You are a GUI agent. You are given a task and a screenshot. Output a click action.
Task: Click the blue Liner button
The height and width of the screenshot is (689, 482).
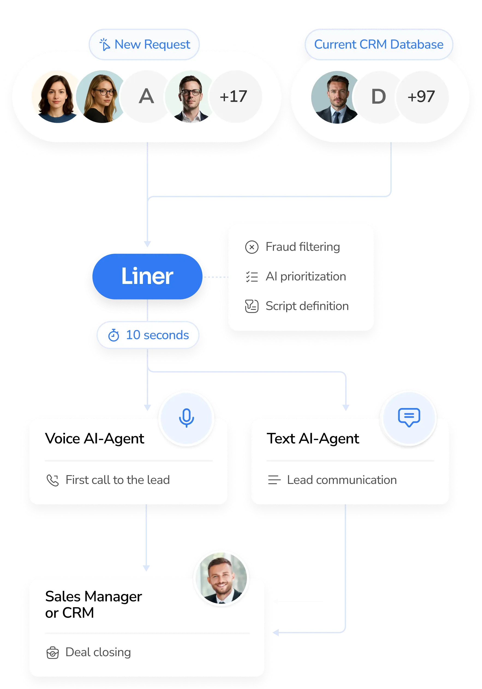147,276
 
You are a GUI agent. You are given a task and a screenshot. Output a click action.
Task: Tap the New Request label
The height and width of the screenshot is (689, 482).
145,44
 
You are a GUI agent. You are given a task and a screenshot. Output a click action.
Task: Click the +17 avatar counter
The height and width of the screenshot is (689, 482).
233,97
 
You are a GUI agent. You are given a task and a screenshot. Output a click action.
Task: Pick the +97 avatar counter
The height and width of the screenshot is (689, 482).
421,97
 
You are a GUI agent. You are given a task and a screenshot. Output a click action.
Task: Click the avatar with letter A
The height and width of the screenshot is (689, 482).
146,97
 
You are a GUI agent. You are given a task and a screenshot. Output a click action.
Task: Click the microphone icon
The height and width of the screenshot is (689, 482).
186,417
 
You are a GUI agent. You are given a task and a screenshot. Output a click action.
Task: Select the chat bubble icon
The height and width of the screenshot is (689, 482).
409,417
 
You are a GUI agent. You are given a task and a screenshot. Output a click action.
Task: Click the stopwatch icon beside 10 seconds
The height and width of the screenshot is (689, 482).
114,335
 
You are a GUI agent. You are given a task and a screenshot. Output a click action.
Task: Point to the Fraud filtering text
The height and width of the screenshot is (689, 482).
303,247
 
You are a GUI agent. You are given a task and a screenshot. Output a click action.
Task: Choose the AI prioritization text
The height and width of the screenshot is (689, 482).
306,276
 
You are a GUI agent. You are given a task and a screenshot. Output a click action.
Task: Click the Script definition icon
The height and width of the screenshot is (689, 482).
252,306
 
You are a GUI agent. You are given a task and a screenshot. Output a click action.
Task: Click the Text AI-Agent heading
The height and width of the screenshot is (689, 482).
313,439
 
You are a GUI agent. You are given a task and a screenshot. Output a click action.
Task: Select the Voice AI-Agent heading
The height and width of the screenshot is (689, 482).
95,439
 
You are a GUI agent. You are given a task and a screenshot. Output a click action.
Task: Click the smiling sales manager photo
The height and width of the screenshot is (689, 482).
221,578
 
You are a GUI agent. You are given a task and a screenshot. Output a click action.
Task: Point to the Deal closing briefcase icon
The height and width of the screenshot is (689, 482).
53,652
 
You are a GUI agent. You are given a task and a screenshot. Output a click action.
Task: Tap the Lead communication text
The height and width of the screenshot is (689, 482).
342,480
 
